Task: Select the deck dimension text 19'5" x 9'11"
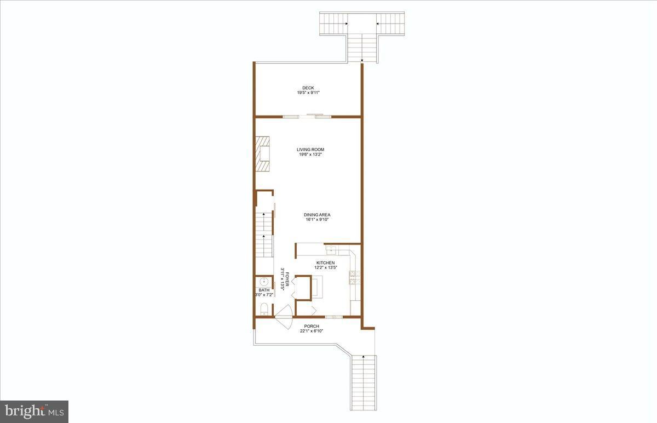308,93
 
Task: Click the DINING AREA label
318,215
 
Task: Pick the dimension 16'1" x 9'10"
318,220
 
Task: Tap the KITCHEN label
326,263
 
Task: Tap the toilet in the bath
263,308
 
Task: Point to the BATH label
264,290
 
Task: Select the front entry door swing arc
283,317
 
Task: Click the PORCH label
312,327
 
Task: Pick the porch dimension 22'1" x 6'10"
312,331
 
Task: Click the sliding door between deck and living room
307,116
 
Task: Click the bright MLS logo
34,411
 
